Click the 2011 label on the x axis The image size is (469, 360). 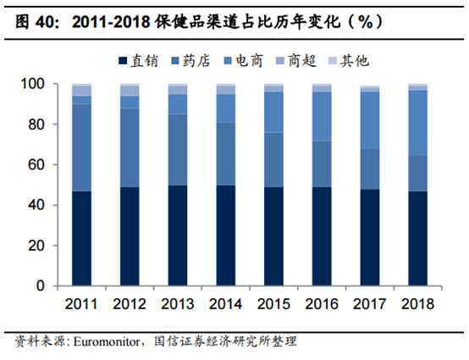click(x=82, y=303)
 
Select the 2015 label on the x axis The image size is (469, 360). click(x=274, y=303)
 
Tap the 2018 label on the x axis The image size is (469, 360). click(x=418, y=303)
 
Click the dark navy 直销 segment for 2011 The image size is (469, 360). click(x=82, y=239)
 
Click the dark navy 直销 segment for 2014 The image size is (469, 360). click(x=226, y=236)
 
